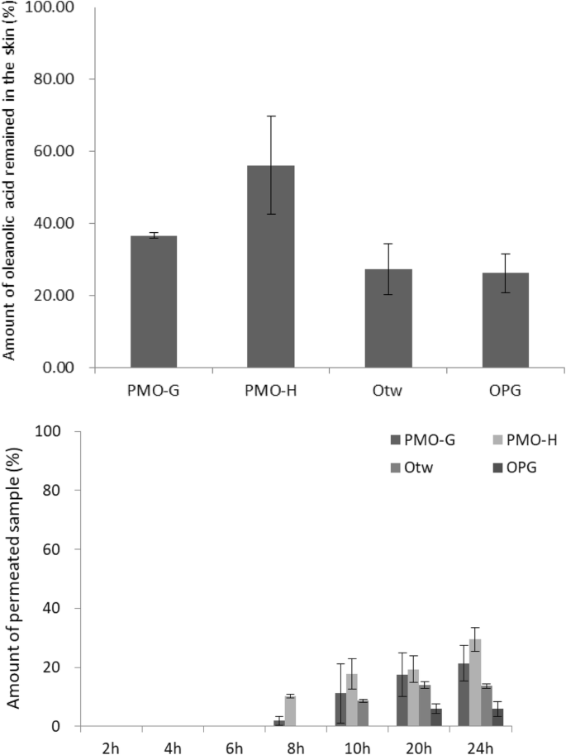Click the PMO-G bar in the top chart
tap(153, 302)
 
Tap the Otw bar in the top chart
tap(388, 318)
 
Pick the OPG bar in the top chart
tap(506, 320)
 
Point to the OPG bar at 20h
tap(436, 718)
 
